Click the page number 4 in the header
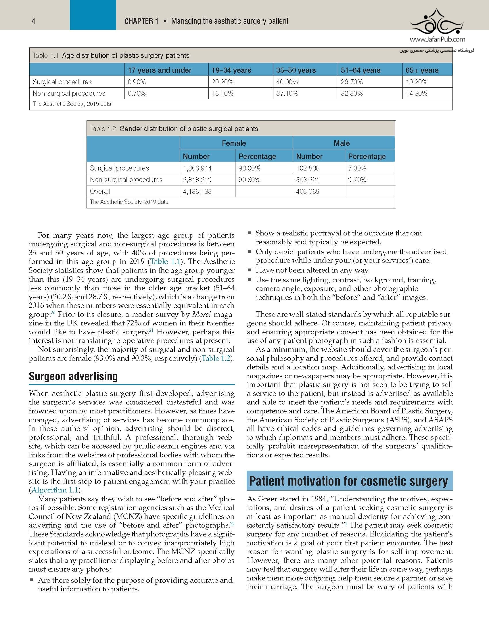tap(34, 21)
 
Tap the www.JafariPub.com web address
tap(437, 39)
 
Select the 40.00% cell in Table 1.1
tap(287, 82)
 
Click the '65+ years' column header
tap(422, 70)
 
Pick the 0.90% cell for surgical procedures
tap(137, 82)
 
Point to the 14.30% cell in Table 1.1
tap(417, 93)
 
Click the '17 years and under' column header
tap(160, 70)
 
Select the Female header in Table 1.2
tap(234, 143)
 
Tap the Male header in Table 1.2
tap(342, 143)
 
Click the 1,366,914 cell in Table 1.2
tap(197, 168)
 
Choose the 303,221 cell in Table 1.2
tap(308, 180)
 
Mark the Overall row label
tap(100, 191)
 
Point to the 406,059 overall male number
tap(308, 191)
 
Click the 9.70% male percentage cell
tap(357, 180)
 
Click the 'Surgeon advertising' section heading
tap(73, 376)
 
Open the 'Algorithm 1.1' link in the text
tap(55, 490)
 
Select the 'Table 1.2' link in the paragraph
tap(216, 358)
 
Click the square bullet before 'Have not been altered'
tap(250, 270)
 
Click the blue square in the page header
tap(93, 15)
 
